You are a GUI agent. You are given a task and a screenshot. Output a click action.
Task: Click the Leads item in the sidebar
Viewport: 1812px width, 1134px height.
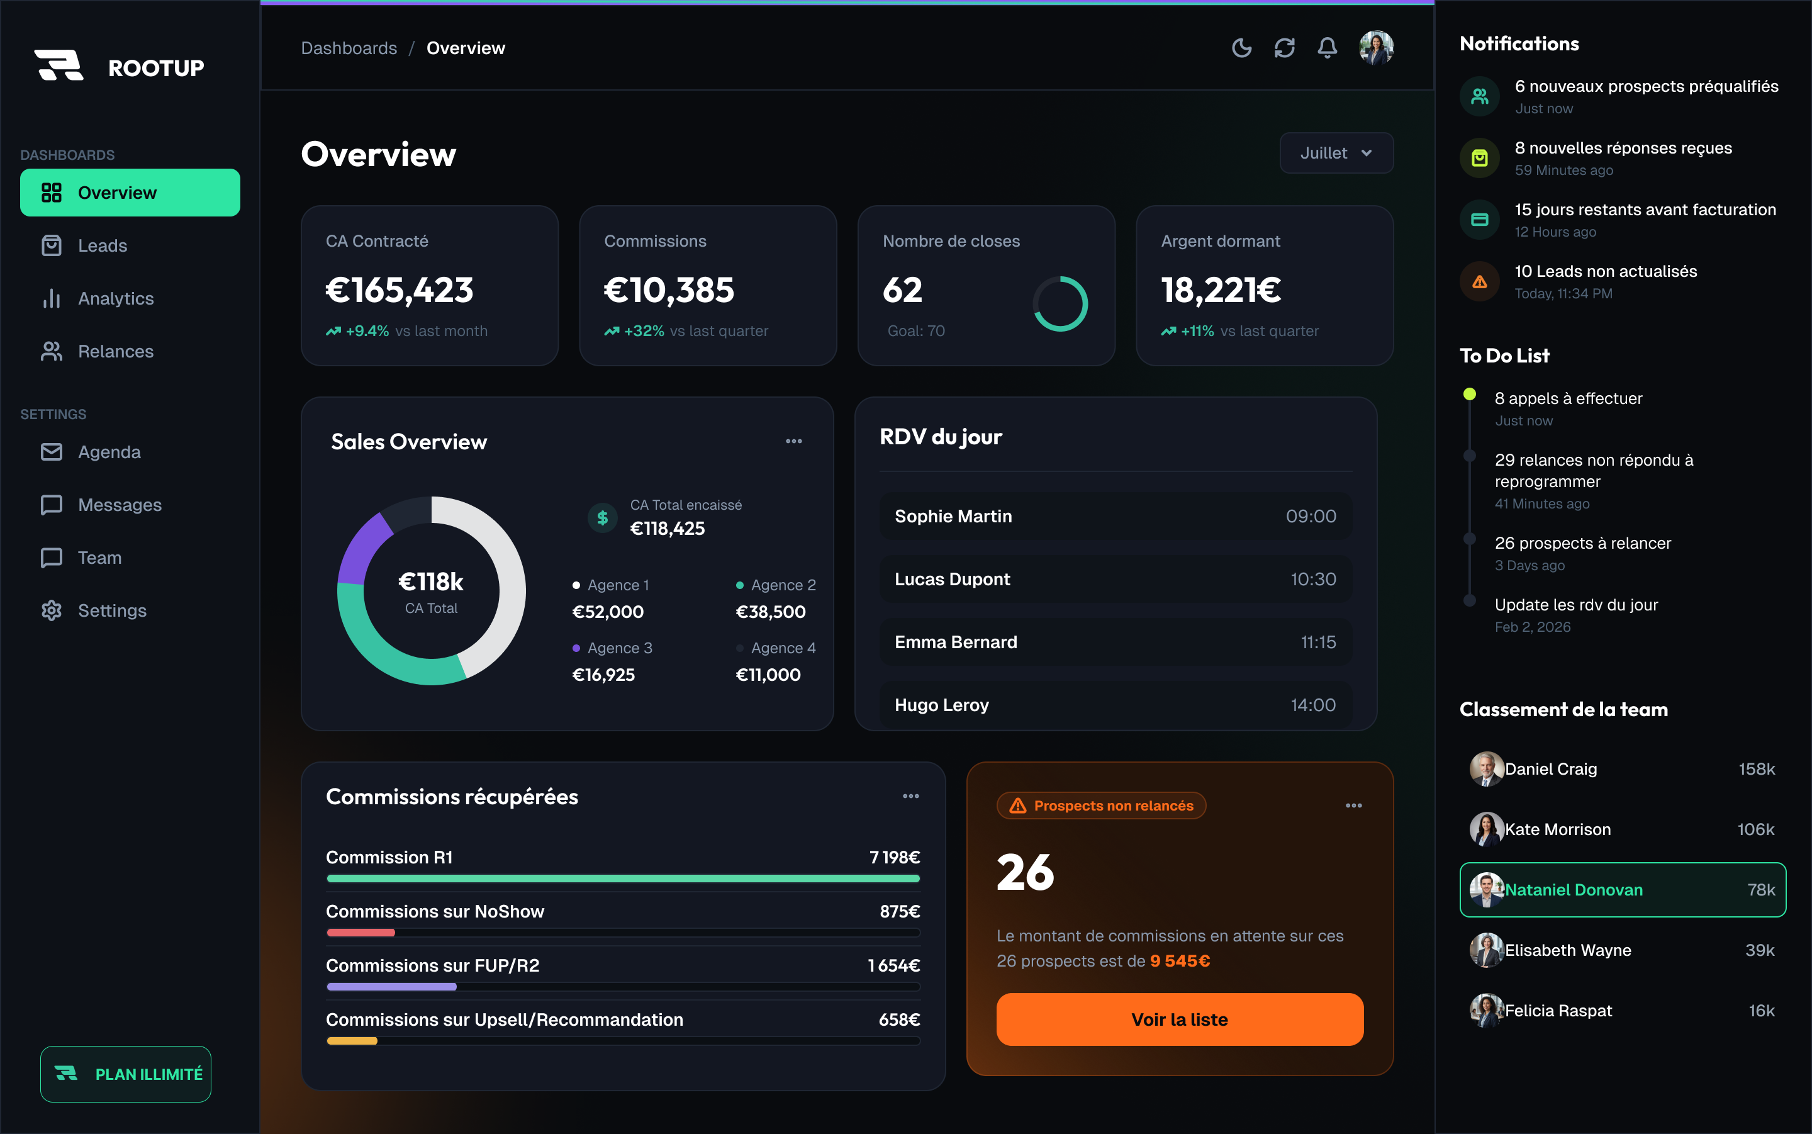point(102,245)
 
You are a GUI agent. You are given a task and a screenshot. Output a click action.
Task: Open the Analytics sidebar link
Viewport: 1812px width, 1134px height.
point(116,298)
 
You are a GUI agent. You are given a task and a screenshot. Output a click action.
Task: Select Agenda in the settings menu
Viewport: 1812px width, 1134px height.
point(109,452)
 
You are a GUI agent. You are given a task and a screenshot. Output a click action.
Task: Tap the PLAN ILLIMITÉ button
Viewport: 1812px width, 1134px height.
point(126,1074)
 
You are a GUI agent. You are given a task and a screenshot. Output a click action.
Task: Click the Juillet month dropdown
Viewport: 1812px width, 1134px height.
point(1336,153)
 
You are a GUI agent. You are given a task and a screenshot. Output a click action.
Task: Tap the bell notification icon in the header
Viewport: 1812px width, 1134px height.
point(1327,48)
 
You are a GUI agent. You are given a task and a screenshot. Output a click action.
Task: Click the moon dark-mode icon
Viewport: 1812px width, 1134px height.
point(1241,48)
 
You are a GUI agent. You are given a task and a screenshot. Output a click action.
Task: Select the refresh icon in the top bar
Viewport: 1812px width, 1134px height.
point(1284,48)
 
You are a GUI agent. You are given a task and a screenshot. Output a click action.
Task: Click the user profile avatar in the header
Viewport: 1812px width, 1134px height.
point(1377,48)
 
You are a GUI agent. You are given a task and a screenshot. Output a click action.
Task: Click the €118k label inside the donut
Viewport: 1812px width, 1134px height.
point(431,582)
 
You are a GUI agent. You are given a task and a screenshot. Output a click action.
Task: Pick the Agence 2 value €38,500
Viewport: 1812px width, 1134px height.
point(771,612)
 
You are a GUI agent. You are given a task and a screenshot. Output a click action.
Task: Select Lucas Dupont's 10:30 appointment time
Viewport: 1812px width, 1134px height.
point(1312,579)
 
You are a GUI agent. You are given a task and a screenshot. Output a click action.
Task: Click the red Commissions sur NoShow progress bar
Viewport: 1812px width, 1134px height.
point(361,932)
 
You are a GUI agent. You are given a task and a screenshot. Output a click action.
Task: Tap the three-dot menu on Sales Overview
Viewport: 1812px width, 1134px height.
point(794,441)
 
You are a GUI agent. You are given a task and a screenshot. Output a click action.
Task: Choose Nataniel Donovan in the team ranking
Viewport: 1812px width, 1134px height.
point(1623,889)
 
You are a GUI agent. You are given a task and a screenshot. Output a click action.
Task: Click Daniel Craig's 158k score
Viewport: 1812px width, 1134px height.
point(1757,769)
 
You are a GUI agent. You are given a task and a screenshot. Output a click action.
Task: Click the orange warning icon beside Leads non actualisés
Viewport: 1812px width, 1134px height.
point(1479,282)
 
